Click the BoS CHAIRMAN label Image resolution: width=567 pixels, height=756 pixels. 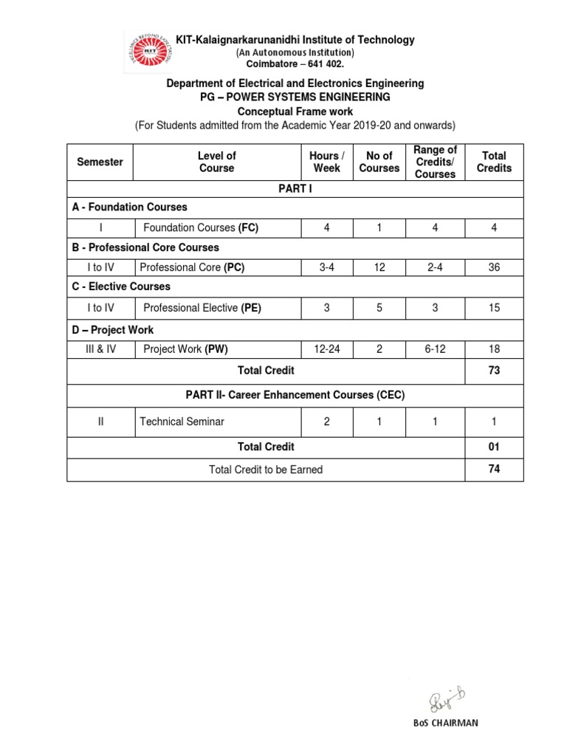[445, 723]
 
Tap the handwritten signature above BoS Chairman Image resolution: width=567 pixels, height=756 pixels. [444, 698]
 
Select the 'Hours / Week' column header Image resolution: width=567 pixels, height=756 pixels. [327, 162]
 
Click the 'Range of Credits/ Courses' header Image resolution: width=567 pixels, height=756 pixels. [435, 162]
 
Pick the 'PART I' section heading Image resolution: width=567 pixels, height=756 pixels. [295, 189]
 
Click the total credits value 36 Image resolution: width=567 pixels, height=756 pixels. [494, 267]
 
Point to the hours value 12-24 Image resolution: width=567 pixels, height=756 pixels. [327, 348]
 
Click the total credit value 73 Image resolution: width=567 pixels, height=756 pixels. [494, 370]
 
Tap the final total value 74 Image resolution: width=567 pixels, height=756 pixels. [494, 469]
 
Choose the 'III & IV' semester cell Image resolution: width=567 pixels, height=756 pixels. [100, 348]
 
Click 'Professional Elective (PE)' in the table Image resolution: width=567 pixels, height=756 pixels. [202, 308]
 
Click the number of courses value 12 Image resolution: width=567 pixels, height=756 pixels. [379, 267]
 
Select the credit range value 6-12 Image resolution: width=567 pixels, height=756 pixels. [435, 348]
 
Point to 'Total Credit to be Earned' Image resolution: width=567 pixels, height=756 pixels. [266, 469]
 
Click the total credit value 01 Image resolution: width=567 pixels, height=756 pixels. [494, 447]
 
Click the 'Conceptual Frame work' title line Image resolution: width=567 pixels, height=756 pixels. [295, 111]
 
